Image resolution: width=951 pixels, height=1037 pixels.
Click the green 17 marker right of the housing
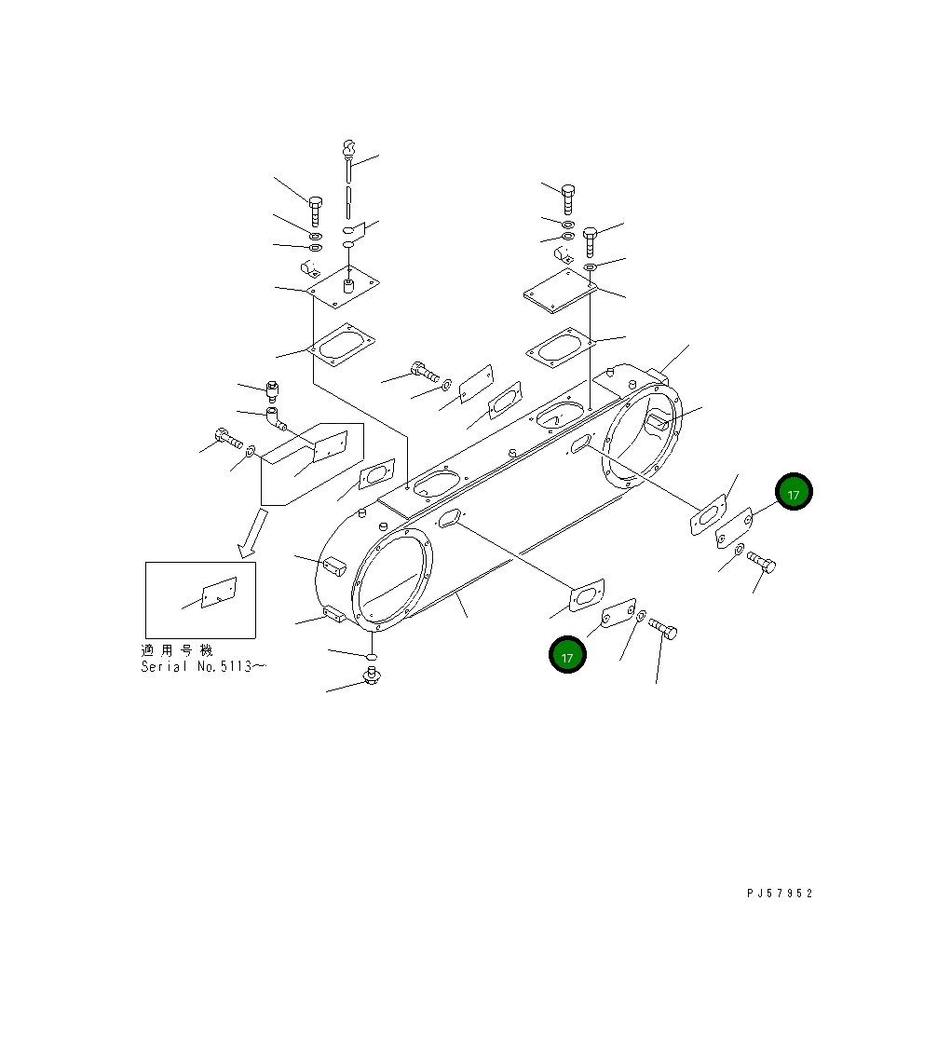tap(794, 492)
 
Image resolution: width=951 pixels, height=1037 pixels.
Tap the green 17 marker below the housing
tap(567, 655)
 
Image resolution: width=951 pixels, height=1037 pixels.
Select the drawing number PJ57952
tap(780, 894)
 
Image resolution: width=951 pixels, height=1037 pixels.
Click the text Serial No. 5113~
tap(203, 667)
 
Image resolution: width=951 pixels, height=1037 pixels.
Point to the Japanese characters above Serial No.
tap(177, 650)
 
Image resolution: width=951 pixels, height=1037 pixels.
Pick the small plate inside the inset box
tap(219, 592)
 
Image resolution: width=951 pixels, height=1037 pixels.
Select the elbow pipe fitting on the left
tap(276, 419)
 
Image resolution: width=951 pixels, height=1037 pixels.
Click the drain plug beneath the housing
tap(371, 675)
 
